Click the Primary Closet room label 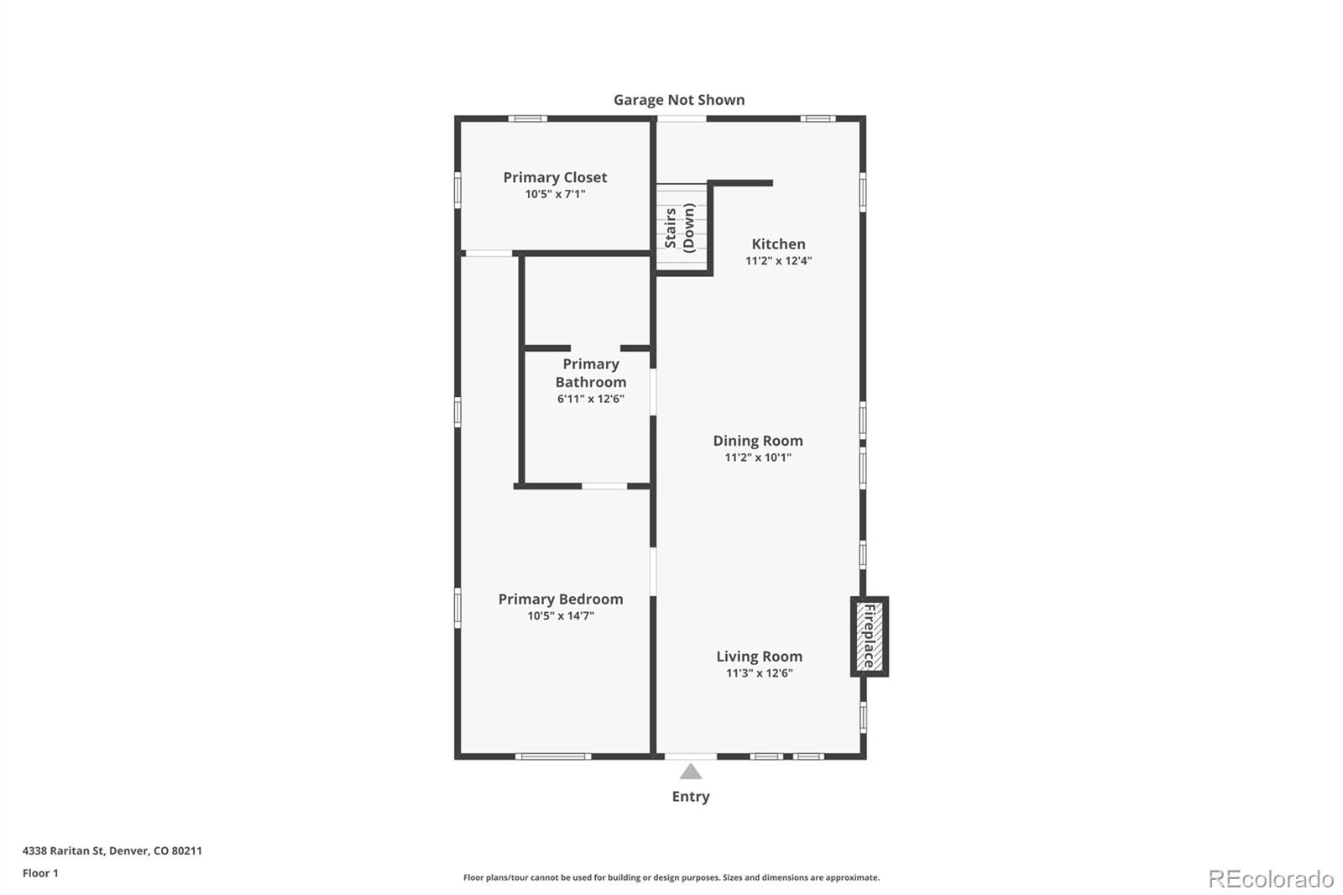pyautogui.click(x=555, y=177)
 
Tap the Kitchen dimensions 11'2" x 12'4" pyautogui.click(x=778, y=261)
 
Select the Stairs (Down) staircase pyautogui.click(x=682, y=228)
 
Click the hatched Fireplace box pyautogui.click(x=869, y=636)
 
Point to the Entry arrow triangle pyautogui.click(x=690, y=772)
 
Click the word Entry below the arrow pyautogui.click(x=690, y=797)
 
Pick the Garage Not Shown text pyautogui.click(x=678, y=100)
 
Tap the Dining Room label pyautogui.click(x=757, y=441)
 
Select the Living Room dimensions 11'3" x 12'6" pyautogui.click(x=759, y=673)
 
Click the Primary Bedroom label pyautogui.click(x=560, y=599)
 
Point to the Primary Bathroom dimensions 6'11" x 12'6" pyautogui.click(x=590, y=399)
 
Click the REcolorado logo pyautogui.click(x=1271, y=879)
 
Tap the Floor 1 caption pyautogui.click(x=40, y=873)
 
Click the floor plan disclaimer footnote pyautogui.click(x=671, y=877)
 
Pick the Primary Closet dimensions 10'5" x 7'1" pyautogui.click(x=555, y=195)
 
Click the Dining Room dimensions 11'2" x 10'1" pyautogui.click(x=757, y=458)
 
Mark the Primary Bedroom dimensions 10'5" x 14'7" pyautogui.click(x=560, y=616)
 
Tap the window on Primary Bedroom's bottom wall pyautogui.click(x=552, y=756)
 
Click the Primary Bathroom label pyautogui.click(x=590, y=373)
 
